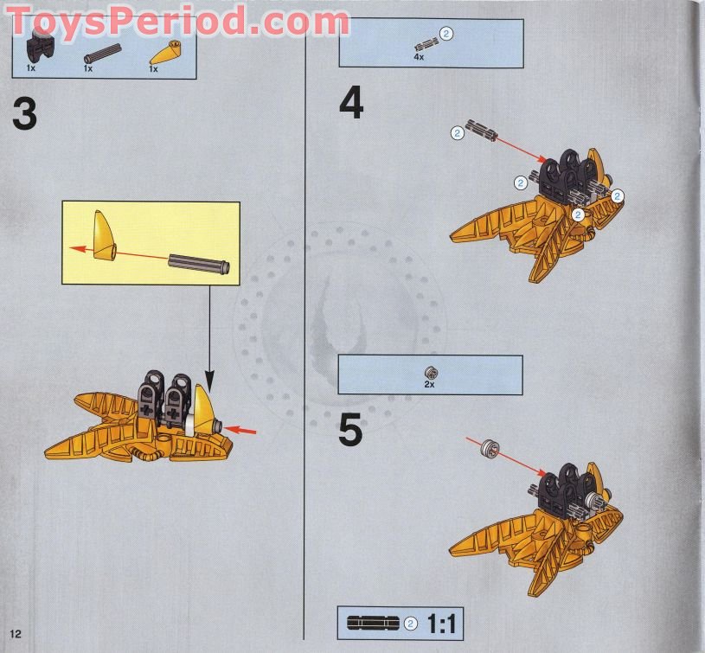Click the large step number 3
25,113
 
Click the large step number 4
351,104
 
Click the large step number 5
350,430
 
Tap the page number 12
16,634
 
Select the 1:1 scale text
441,624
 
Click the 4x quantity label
419,57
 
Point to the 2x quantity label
429,385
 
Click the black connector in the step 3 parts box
36,48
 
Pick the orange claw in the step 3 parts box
165,53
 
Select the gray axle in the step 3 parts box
103,54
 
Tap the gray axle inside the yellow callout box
199,264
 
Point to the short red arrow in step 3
240,431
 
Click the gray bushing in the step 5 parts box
431,373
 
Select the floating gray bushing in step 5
490,449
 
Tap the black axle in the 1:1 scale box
373,624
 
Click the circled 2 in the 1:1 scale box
410,624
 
